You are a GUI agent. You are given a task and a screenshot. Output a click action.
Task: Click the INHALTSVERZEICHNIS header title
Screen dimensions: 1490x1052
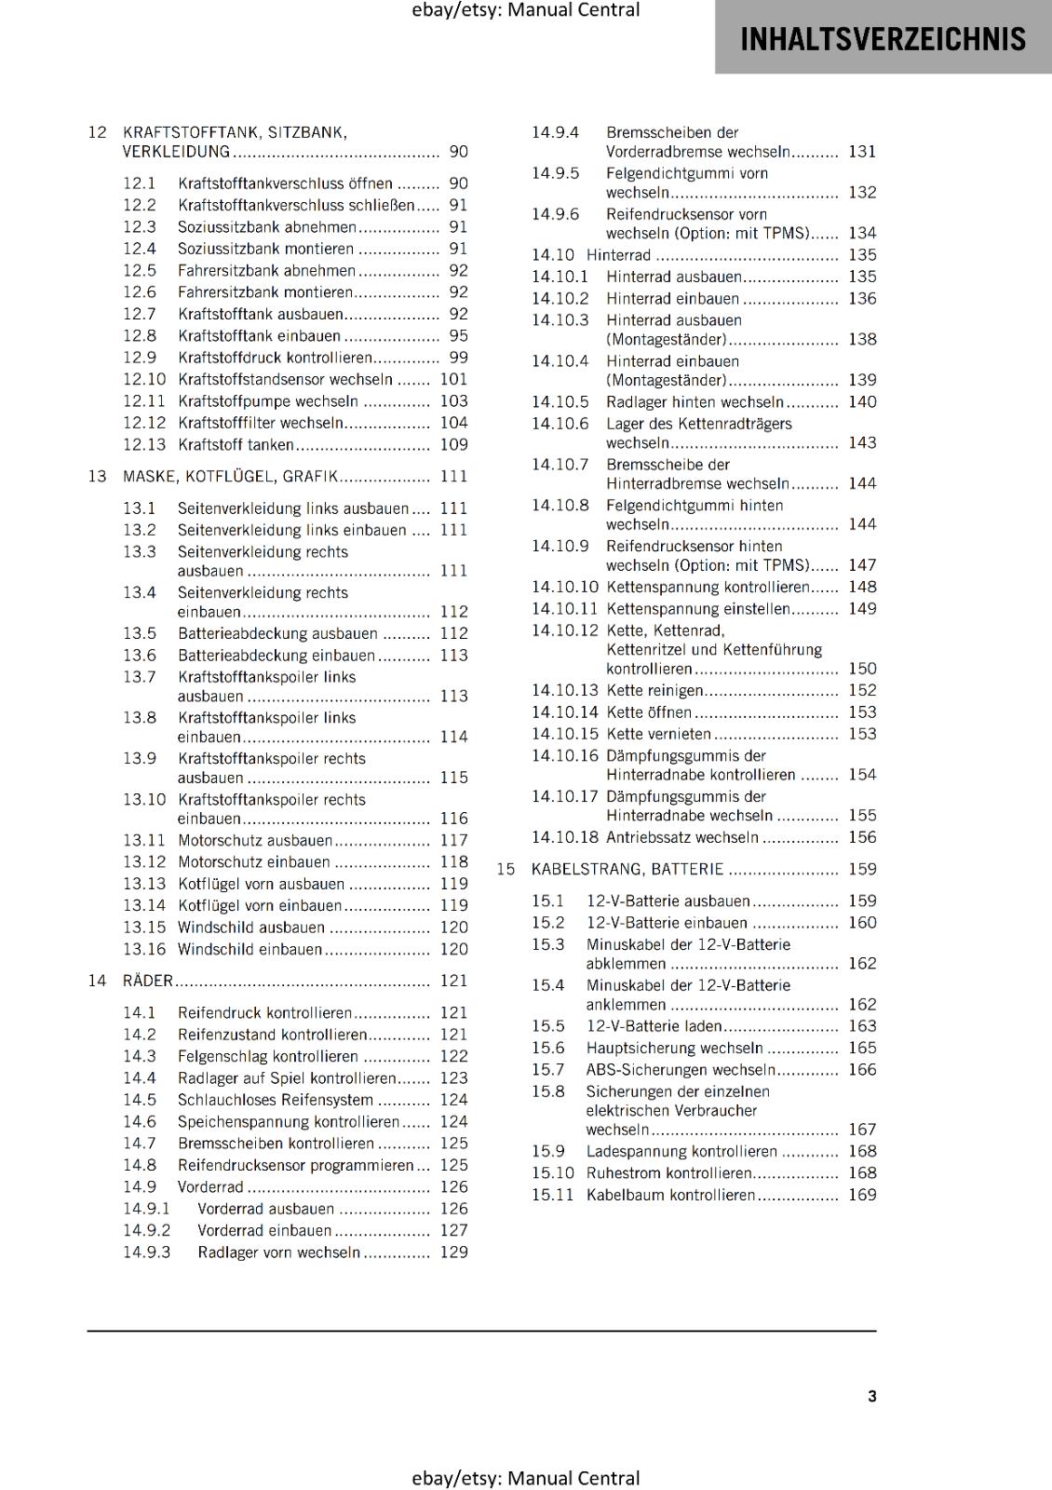click(882, 39)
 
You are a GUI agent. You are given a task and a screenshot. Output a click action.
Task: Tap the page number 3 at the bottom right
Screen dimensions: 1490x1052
click(871, 1396)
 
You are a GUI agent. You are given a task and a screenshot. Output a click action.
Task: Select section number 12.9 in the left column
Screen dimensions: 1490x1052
click(140, 358)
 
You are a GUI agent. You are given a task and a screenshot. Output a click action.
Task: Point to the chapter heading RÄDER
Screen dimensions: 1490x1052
click(148, 981)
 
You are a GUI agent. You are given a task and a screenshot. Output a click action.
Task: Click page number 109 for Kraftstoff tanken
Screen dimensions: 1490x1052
click(453, 445)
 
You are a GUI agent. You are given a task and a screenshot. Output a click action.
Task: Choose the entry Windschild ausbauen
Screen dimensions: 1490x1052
click(251, 928)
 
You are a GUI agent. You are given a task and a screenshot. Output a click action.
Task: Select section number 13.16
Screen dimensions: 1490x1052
click(144, 949)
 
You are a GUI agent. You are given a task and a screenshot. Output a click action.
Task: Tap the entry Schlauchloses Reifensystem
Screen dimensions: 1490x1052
click(276, 1100)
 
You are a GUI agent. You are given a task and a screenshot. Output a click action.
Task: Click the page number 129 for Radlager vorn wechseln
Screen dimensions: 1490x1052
click(453, 1253)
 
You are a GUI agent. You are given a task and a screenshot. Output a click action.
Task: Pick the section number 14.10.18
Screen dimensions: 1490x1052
click(565, 837)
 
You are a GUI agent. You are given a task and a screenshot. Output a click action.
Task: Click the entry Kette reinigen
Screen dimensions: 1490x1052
click(654, 690)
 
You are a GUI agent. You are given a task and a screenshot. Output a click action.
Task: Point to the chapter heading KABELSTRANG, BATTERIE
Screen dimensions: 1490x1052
click(627, 869)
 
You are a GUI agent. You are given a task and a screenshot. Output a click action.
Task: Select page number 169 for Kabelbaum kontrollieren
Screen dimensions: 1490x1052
click(862, 1195)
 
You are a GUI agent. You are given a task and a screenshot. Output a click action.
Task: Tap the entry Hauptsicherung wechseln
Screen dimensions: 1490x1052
click(674, 1048)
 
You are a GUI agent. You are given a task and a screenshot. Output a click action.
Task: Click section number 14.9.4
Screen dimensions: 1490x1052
click(555, 132)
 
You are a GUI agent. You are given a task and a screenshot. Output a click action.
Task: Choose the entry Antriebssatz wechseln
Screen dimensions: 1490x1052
click(682, 837)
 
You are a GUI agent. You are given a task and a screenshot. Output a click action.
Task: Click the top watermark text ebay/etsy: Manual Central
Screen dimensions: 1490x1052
click(525, 10)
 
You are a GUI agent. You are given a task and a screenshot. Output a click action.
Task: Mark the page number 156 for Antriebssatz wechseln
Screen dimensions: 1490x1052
click(862, 837)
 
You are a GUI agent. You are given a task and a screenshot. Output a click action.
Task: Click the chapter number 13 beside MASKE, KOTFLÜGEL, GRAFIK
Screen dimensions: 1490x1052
click(98, 477)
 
